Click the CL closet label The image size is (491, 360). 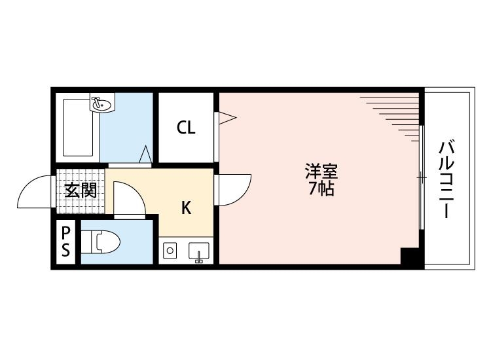coord(186,128)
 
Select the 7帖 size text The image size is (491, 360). coord(321,190)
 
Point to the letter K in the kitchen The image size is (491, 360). coord(186,208)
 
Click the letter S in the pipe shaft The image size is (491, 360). coord(65,250)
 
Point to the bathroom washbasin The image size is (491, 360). coord(101,103)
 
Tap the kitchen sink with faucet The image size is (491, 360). coord(198,251)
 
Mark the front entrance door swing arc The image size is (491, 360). coord(34,191)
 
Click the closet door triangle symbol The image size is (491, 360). coord(226,118)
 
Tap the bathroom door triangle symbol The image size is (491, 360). coord(147,154)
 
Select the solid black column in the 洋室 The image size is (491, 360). coord(409,257)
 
